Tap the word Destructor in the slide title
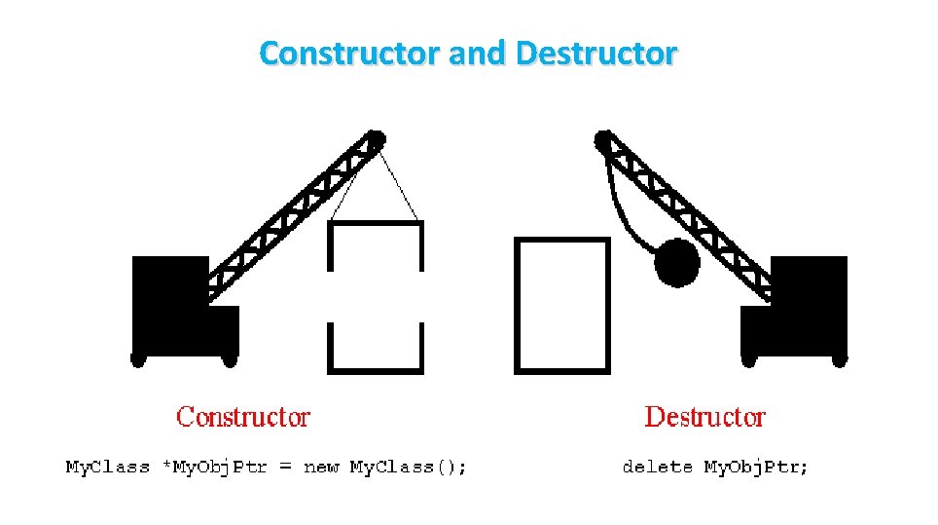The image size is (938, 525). (595, 53)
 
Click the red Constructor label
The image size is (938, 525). (243, 418)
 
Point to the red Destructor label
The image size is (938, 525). (705, 418)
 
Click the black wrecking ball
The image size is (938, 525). (677, 262)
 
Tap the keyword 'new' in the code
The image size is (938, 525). (321, 468)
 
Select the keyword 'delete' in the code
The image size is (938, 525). (657, 468)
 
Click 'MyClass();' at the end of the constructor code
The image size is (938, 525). (408, 468)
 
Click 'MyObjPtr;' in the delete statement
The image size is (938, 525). (756, 468)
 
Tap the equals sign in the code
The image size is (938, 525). (285, 468)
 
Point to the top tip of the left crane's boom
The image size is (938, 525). (376, 138)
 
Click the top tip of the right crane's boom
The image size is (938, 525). (604, 139)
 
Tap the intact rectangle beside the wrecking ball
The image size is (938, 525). (561, 305)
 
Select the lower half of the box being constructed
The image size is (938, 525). (377, 349)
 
